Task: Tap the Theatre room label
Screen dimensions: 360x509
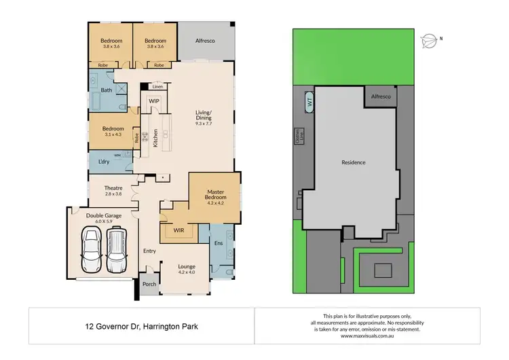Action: tap(113, 187)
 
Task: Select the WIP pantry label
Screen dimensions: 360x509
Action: tap(154, 101)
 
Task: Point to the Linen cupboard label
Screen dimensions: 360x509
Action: tap(157, 87)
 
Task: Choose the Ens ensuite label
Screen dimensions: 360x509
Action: tap(219, 242)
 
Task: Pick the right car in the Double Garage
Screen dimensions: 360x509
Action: tap(116, 249)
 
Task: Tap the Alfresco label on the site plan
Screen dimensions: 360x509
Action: tap(381, 97)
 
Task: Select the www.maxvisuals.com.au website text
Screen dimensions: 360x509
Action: tap(367, 336)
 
